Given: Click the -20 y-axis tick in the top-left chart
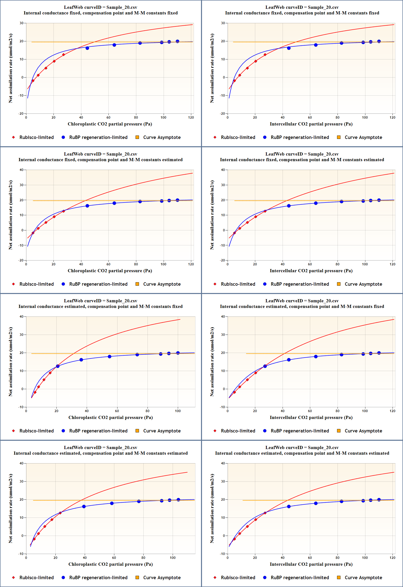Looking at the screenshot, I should tap(21, 113).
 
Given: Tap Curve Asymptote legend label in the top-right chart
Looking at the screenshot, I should tap(363, 137).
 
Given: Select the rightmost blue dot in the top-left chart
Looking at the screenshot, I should tap(178, 41).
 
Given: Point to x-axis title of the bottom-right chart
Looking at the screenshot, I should tap(311, 564).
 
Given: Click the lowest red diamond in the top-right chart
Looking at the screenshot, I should tap(234, 81).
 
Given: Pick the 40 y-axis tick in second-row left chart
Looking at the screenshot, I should tap(21, 170).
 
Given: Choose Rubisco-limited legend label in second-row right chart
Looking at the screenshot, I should tap(238, 284).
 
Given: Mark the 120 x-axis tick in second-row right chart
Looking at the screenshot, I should tap(392, 264).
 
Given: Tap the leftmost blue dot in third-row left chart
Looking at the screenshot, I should tap(58, 366).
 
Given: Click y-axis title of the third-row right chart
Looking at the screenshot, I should tap(212, 361).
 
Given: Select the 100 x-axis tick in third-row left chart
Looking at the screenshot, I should tap(178, 411).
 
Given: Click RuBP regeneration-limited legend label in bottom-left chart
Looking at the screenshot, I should tap(98, 577).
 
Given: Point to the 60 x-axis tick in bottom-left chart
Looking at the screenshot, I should tap(114, 558).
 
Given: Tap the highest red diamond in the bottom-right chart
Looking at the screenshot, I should tap(265, 513).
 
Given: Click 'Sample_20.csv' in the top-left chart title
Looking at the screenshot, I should tap(122, 7).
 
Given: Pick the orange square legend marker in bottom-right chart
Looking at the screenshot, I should tap(339, 577).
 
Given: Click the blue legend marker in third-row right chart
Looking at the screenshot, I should tap(265, 431).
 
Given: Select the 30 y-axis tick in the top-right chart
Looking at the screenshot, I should tap(223, 23).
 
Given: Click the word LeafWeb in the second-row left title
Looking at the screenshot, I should tap(72, 154).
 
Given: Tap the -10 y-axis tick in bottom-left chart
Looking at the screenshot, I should tap(21, 554).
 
